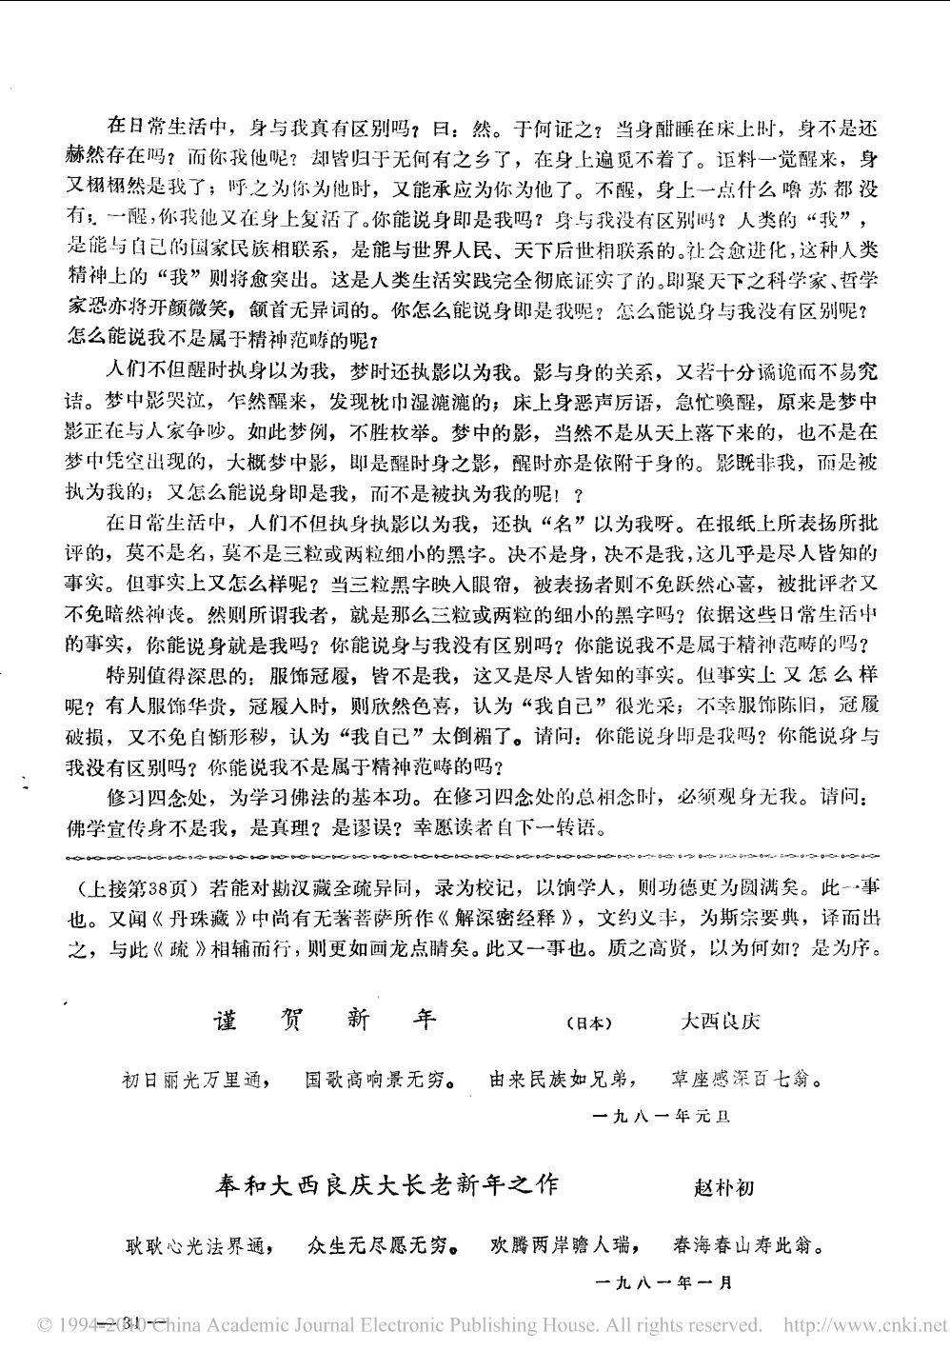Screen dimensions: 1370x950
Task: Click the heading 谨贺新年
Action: pos(324,1020)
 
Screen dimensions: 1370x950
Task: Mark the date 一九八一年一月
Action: pos(668,1282)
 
